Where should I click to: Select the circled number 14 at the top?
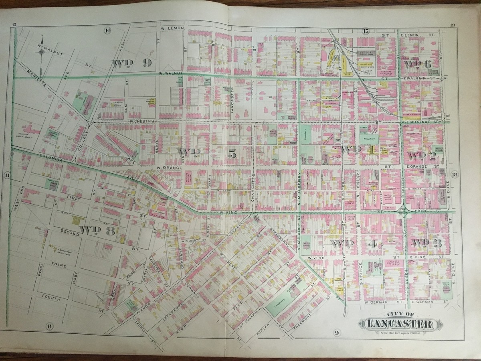click(107, 30)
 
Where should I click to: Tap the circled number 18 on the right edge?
click(455, 174)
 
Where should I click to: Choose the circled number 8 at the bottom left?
click(49, 325)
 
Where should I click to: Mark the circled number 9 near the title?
click(336, 331)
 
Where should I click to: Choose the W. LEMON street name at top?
click(172, 28)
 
